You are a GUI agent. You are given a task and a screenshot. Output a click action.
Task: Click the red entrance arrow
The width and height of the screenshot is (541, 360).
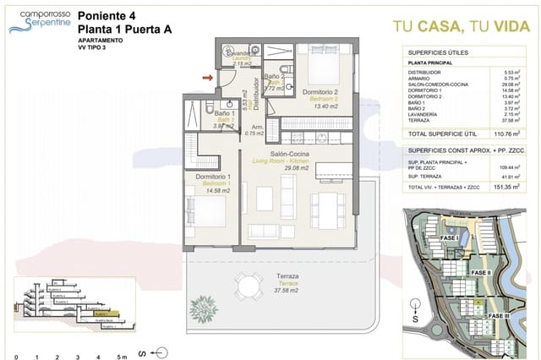tap(206, 77)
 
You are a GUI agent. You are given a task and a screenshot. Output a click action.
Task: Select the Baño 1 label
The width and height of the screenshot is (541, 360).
tap(200, 113)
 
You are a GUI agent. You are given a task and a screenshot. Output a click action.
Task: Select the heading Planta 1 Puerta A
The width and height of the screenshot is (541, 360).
tap(123, 28)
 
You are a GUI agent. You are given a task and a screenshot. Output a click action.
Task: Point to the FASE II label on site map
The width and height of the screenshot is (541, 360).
tap(480, 273)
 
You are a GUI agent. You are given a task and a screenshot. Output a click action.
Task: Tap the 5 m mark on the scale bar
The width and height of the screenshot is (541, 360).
tap(122, 354)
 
